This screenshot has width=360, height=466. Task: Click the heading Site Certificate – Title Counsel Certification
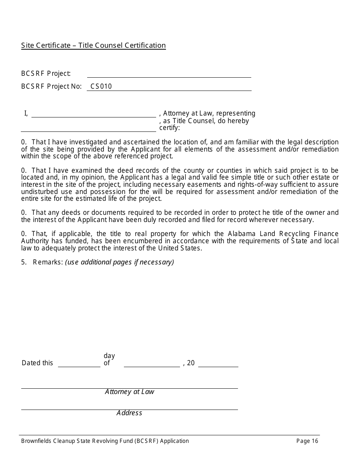point(93,45)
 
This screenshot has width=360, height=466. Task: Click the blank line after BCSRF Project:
point(169,74)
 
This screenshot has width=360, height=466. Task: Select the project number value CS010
point(101,86)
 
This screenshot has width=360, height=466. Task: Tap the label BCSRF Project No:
point(52,86)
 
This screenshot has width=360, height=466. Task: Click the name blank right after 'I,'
point(94,114)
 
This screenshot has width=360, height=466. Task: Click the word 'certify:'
point(169,128)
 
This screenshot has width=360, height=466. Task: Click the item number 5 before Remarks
point(23,262)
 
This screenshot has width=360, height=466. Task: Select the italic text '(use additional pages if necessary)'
point(119,262)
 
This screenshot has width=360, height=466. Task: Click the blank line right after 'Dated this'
point(79,364)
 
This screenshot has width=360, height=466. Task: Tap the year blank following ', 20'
point(218,364)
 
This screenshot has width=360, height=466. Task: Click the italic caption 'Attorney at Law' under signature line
point(130,392)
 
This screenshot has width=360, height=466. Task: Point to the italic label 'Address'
point(129,413)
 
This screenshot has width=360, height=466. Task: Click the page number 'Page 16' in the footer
point(307,441)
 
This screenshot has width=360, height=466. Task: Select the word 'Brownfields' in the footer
point(36,441)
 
